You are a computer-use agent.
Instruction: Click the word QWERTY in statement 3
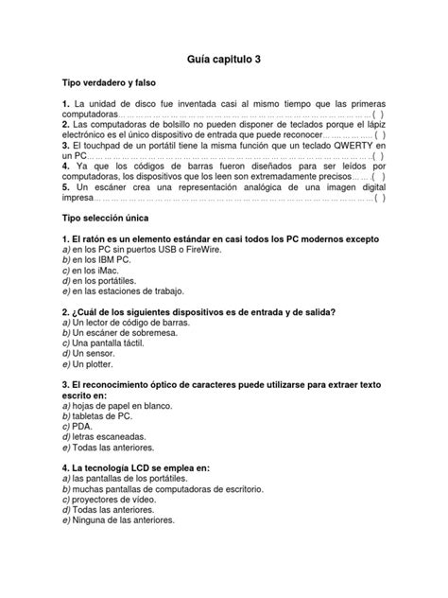[x=330, y=149]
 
